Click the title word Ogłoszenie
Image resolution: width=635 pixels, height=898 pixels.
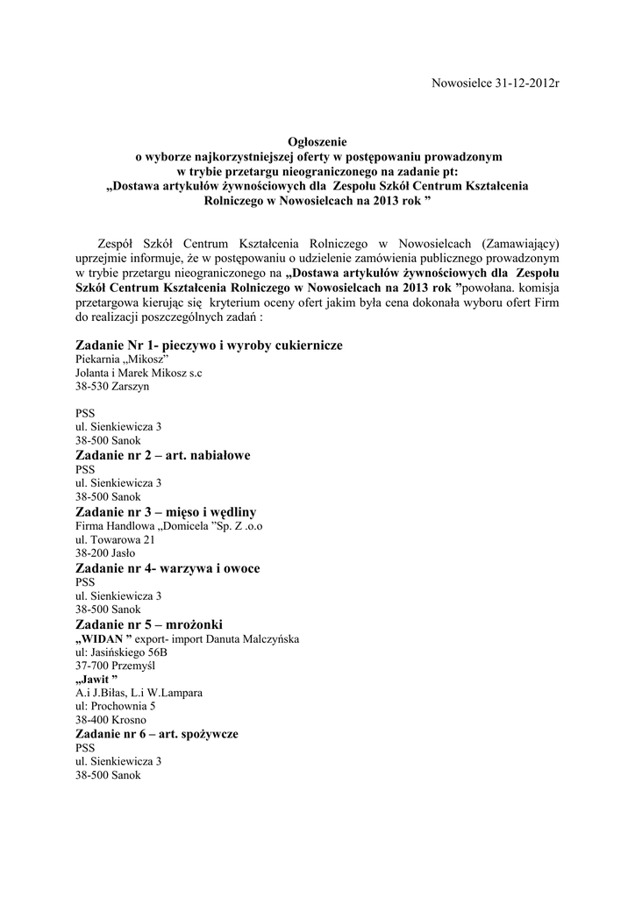coord(317,141)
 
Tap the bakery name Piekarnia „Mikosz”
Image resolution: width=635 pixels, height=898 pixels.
coord(121,360)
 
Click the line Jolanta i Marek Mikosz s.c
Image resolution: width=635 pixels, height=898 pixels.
coord(139,374)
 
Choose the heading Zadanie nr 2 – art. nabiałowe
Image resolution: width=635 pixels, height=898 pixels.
coord(163,455)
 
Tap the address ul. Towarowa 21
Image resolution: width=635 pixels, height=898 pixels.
coord(115,540)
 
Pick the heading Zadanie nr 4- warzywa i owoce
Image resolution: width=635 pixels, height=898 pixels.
coord(168,568)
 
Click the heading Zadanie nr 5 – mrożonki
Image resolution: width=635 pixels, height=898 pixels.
coord(154,624)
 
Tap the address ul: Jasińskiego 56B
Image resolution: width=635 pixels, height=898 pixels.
coord(122,652)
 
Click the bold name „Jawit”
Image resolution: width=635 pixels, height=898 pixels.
coord(96,679)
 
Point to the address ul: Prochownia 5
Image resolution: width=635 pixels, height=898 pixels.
coord(116,705)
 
